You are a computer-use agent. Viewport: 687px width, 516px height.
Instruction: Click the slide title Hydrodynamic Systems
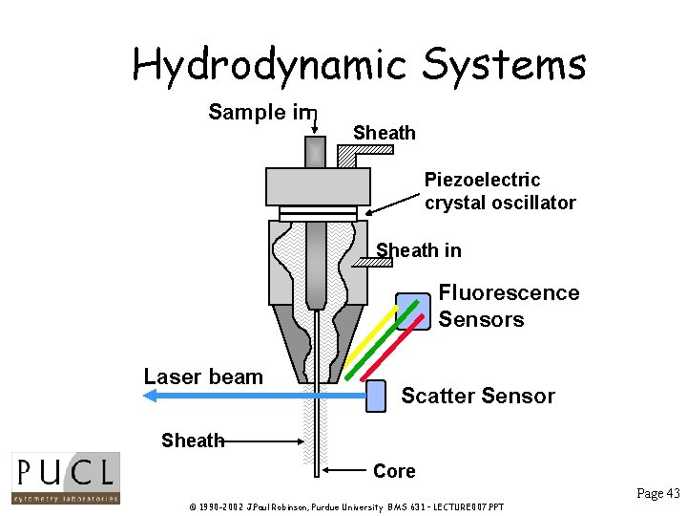pos(359,65)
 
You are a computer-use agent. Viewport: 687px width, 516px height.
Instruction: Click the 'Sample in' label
pos(260,113)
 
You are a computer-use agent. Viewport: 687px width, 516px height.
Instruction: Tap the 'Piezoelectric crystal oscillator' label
pos(499,191)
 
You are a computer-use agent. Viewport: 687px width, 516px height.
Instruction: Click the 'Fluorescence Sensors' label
pos(508,306)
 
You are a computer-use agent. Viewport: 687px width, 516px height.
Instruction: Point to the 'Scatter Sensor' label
pos(477,396)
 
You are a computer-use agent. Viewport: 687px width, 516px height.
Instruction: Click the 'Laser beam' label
pos(203,376)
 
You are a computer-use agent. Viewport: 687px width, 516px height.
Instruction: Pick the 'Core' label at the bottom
pos(394,471)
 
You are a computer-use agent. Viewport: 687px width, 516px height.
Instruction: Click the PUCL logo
pos(65,478)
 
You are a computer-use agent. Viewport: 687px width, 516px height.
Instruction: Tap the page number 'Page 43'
pos(657,493)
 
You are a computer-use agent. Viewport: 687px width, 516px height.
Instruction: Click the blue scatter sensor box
pos(377,395)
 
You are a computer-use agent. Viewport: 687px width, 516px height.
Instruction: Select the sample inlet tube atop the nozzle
pos(315,151)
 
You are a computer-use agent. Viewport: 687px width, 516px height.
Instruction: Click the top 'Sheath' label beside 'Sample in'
pos(384,133)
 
